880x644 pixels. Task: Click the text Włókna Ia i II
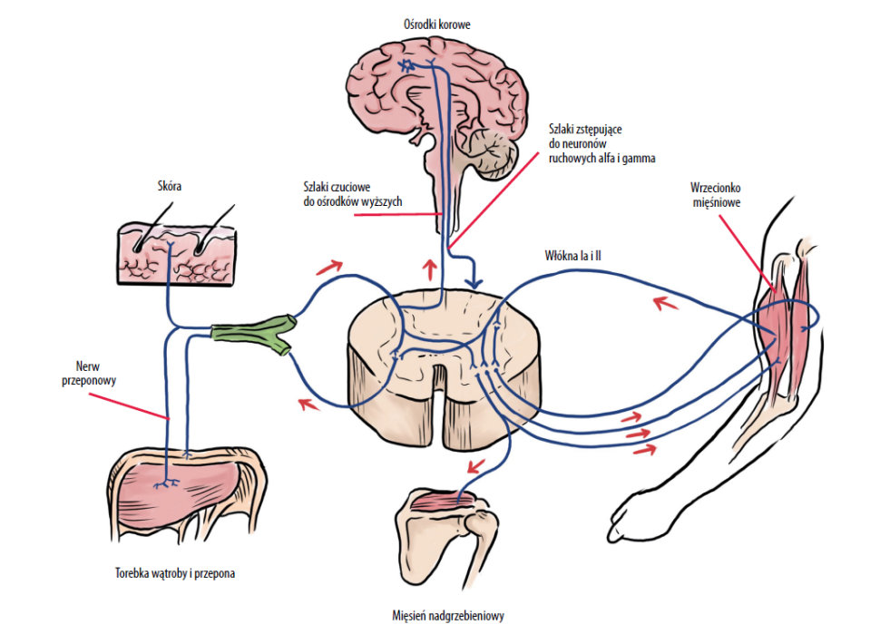pos(574,257)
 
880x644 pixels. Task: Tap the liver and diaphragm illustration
pos(188,489)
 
